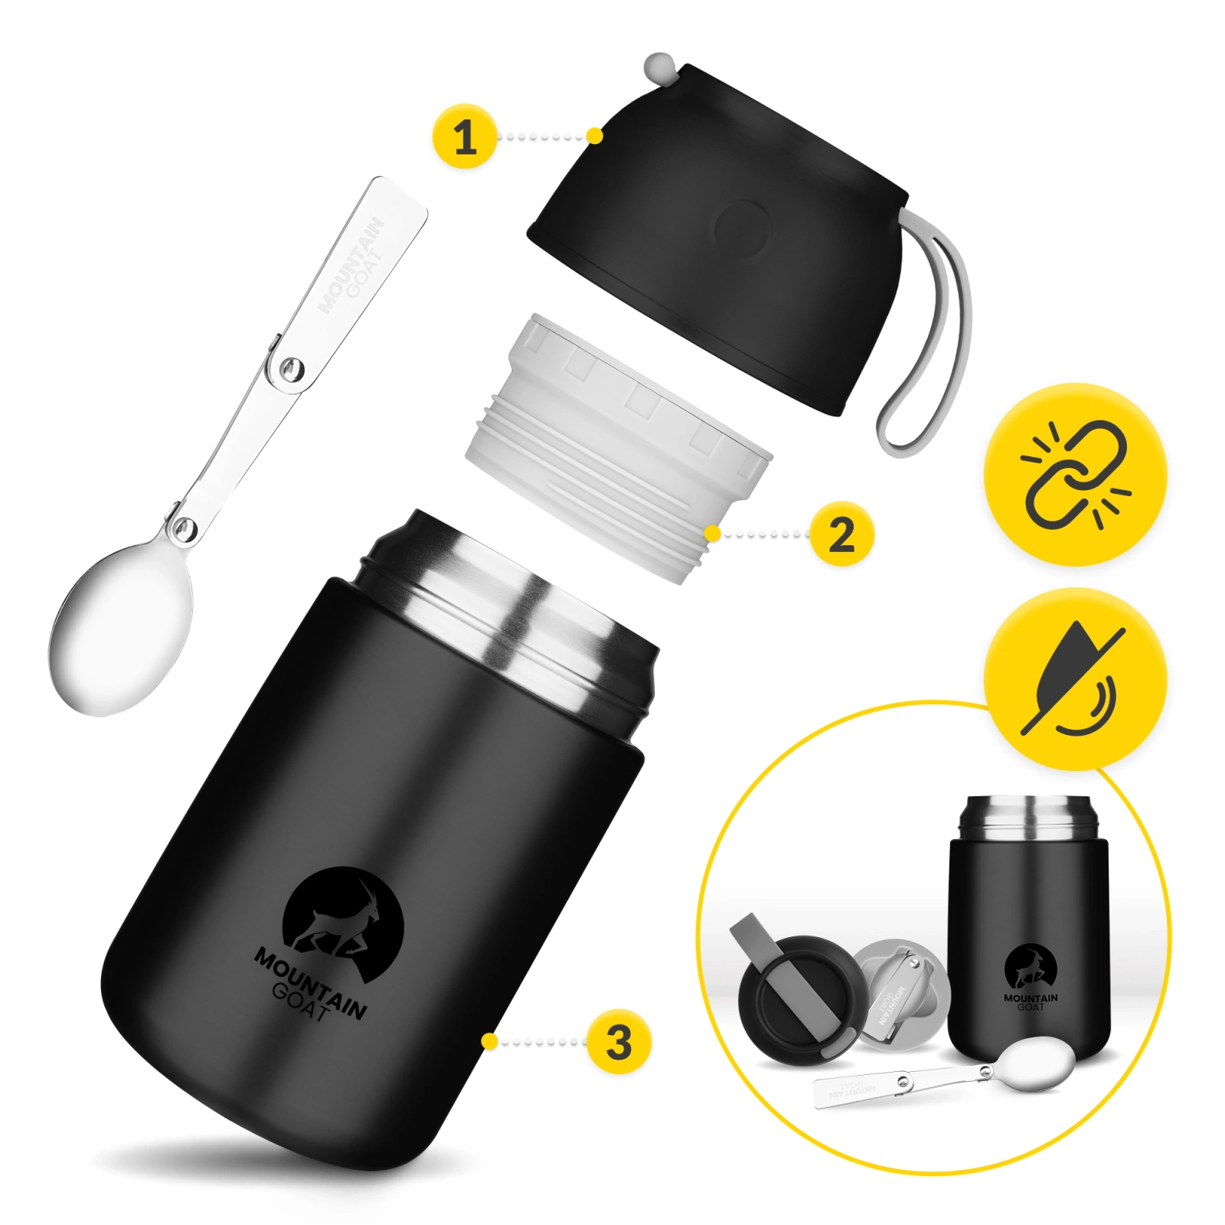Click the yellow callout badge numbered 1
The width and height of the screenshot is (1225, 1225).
pos(465,136)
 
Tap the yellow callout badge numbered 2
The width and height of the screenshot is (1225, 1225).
pos(841,534)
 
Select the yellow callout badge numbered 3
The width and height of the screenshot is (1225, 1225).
pos(619,1041)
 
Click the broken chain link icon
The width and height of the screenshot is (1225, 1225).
pos(1075,475)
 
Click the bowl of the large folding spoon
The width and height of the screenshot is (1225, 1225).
pos(121,628)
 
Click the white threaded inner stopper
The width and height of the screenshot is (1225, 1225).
pos(619,448)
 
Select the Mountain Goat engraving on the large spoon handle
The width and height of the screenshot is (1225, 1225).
pos(351,266)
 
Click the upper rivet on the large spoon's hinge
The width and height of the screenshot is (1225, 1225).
pos(289,371)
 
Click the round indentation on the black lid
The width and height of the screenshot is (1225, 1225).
pos(742,227)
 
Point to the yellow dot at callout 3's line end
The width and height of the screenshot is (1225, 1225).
pos(489,1041)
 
